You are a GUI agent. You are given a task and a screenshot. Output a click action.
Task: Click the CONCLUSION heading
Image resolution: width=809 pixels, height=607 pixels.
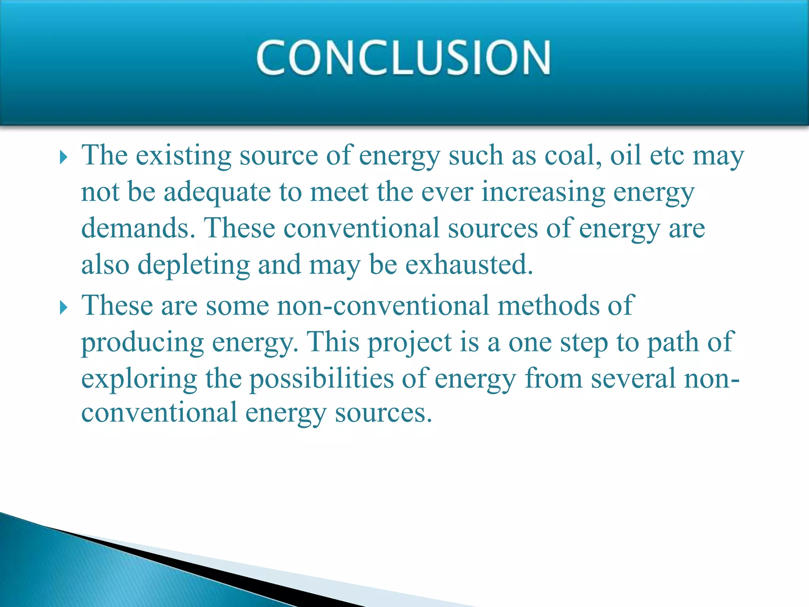click(x=403, y=58)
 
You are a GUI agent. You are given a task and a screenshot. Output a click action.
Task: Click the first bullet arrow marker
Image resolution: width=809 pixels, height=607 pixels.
click(x=63, y=158)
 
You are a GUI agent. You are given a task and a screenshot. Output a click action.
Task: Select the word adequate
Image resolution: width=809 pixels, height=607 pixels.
click(x=217, y=192)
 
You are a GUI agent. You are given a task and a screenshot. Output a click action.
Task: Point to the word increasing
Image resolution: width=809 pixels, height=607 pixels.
click(x=543, y=192)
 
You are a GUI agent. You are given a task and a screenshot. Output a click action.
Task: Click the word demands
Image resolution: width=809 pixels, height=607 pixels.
click(x=138, y=228)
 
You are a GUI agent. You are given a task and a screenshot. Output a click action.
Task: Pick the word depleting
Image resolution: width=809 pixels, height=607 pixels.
click(x=194, y=265)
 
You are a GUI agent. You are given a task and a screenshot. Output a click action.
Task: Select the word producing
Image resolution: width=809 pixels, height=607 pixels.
click(x=142, y=343)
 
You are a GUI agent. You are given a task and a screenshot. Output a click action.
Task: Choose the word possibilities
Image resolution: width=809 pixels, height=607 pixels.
click(x=322, y=379)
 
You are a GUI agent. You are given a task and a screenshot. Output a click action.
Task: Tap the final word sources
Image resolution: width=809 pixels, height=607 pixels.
click(x=383, y=413)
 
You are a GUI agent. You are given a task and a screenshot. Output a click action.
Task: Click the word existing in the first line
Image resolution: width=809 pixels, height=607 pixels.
click(x=184, y=155)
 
